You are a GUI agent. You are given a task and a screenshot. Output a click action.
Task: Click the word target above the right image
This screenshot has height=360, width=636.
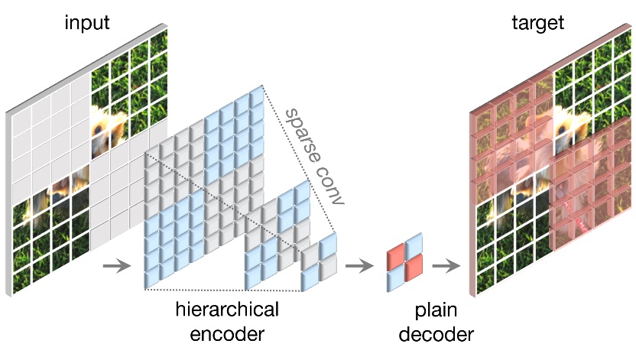coord(537,22)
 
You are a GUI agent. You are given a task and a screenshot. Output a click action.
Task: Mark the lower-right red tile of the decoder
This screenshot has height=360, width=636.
coord(413,268)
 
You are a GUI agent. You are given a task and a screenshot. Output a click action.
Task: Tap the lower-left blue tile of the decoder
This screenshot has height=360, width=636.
coord(394,279)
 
